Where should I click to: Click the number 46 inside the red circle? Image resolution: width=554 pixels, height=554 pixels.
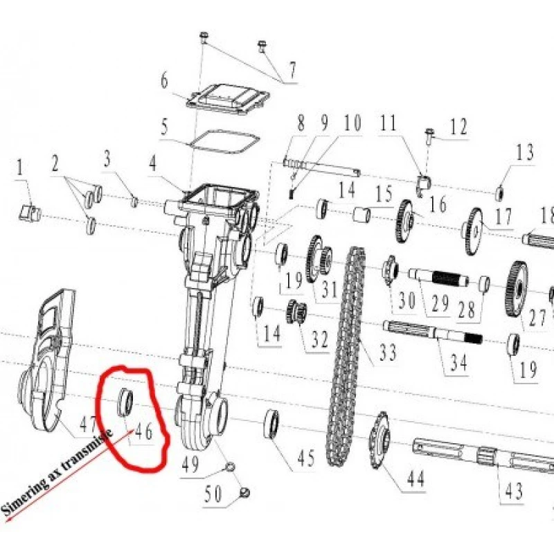click(143, 431)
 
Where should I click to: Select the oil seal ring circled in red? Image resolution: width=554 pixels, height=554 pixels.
click(125, 402)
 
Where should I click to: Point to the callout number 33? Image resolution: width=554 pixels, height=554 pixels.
click(388, 353)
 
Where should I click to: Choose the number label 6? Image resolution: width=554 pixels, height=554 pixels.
click(165, 82)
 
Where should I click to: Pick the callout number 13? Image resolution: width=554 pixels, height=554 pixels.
click(525, 152)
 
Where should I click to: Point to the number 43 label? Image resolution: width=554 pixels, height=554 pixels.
click(513, 491)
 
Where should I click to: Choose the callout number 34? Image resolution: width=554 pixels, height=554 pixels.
click(458, 362)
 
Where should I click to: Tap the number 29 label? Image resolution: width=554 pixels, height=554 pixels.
click(441, 303)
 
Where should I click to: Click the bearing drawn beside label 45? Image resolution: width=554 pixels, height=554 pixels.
click(272, 425)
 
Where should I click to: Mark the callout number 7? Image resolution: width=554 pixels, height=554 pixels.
click(292, 69)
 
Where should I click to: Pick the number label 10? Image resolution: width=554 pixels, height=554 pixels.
click(352, 124)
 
